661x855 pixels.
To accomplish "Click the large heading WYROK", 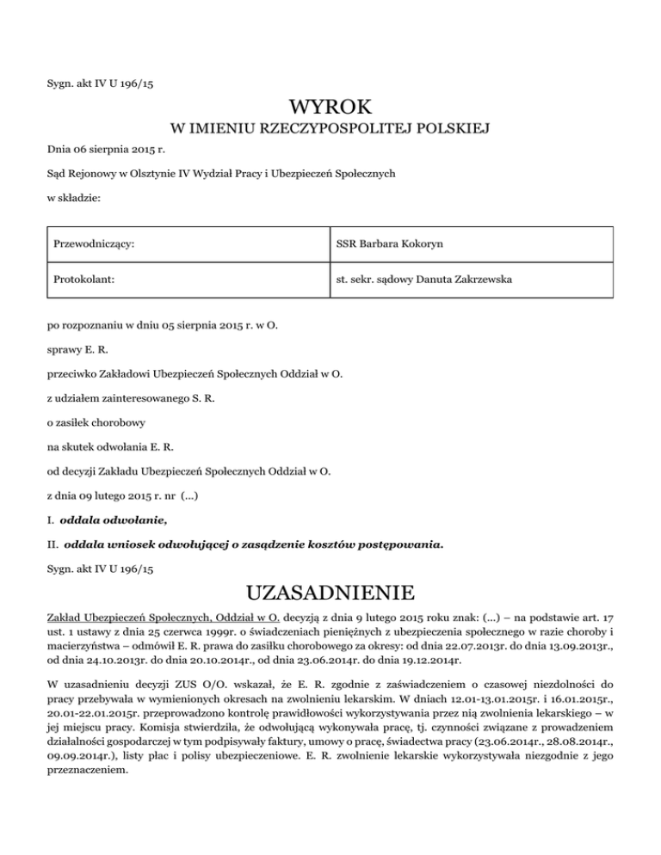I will click(330, 108).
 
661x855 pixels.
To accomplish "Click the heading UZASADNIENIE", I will click(330, 594).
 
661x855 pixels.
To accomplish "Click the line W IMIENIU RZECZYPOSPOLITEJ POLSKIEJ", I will click(330, 131).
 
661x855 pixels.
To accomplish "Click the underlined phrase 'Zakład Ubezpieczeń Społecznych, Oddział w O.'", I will click(159, 618).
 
